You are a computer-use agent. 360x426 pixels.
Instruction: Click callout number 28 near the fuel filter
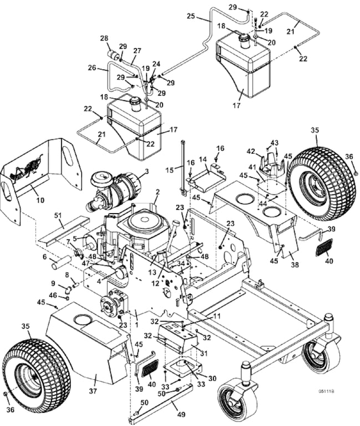(103, 38)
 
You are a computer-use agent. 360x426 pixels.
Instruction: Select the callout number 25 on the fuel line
(191, 17)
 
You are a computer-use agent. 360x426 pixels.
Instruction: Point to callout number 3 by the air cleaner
(146, 172)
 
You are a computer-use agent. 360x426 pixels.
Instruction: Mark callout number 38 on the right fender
(293, 257)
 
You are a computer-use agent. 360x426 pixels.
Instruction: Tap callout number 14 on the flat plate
(202, 159)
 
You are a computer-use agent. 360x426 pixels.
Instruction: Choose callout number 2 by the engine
(158, 192)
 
